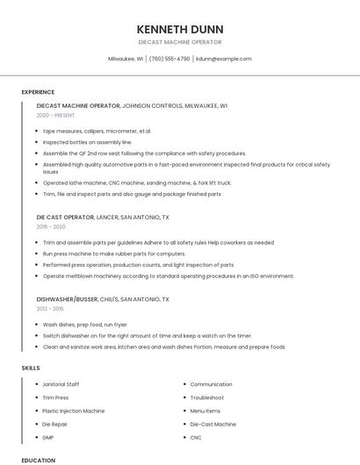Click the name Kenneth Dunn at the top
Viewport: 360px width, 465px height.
179,29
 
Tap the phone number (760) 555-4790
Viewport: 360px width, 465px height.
169,59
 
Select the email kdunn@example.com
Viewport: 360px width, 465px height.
224,59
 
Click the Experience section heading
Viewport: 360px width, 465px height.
38,92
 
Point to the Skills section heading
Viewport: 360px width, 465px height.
31,368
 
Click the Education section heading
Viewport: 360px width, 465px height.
38,460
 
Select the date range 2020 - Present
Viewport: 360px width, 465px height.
55,115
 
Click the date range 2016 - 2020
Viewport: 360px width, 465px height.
51,226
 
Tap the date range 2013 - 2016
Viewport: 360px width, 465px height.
51,309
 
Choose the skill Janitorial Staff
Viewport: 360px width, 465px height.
61,384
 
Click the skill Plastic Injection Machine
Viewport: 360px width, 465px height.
74,411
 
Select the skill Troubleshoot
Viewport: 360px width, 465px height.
207,397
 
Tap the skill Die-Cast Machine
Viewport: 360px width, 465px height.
212,424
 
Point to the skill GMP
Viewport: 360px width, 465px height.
48,437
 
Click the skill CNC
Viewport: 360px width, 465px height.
196,437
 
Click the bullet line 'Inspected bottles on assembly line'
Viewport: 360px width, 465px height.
88,141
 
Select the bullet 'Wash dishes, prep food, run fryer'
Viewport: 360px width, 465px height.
85,325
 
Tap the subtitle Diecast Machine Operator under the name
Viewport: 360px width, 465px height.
179,42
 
